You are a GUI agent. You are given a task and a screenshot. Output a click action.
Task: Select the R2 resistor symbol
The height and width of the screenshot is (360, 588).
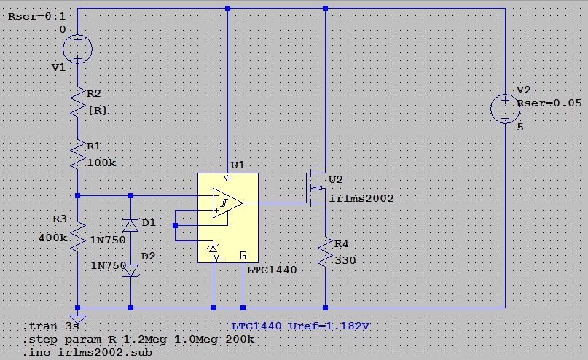tap(78, 102)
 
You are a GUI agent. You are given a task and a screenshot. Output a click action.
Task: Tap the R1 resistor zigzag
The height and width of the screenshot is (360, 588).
tap(78, 154)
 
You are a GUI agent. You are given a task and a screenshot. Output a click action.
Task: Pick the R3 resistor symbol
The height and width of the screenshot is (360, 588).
tap(78, 237)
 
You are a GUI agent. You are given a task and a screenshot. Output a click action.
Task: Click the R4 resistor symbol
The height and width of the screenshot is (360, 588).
tap(325, 251)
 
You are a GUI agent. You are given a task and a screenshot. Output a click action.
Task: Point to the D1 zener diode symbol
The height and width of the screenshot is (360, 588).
tap(130, 225)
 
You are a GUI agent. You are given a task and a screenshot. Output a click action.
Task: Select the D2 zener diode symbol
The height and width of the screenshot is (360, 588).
tap(130, 270)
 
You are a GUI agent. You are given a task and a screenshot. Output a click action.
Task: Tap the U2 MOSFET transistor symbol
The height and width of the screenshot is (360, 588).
tap(315, 188)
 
